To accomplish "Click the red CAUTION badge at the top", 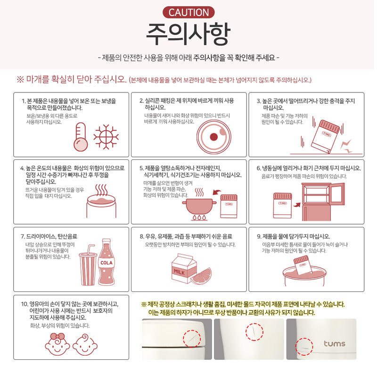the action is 188,13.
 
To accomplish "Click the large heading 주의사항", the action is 188,34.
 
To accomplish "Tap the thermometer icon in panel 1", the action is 81,137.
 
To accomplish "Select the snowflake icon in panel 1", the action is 106,137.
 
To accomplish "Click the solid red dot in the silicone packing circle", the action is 214,137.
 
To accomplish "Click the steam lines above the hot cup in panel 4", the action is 101,191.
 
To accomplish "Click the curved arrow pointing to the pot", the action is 217,192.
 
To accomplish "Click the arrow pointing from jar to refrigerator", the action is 297,205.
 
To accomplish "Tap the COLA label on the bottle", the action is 107,263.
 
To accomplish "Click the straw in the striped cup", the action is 90,249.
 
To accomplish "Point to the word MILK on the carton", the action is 180,272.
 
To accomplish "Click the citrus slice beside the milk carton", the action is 201,276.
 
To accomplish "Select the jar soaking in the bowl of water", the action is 302,265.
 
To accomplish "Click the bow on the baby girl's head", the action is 57,336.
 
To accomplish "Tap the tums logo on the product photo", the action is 334,343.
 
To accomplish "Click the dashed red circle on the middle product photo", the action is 254,332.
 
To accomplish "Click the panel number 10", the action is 24,304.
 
